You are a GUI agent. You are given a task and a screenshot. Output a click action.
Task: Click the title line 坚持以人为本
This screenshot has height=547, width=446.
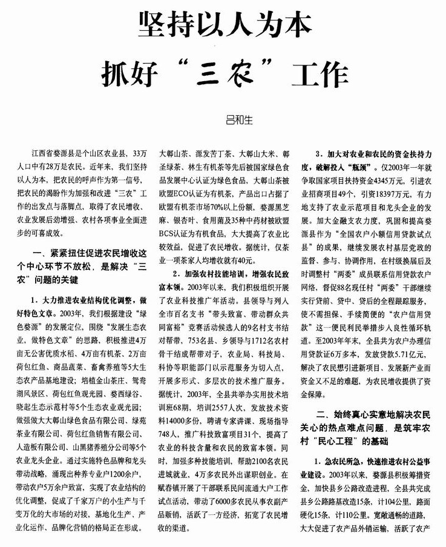pyautogui.click(x=224, y=25)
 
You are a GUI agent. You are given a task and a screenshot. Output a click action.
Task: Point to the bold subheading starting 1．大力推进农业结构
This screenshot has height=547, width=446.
pyautogui.click(x=89, y=300)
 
